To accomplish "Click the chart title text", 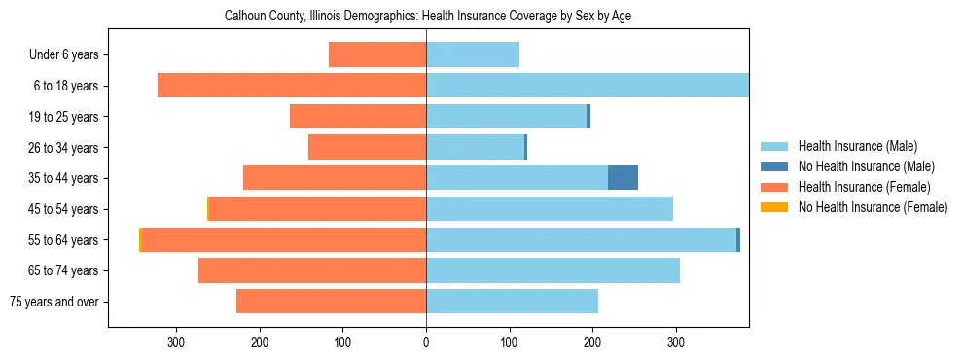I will pyautogui.click(x=428, y=17).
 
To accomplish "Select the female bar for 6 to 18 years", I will pyautogui.click(x=292, y=86).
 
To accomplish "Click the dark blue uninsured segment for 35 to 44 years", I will pyautogui.click(x=623, y=178).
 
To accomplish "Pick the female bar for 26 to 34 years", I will pyautogui.click(x=367, y=147).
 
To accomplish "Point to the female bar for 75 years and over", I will pyautogui.click(x=331, y=302).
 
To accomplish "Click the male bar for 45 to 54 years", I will pyautogui.click(x=550, y=209).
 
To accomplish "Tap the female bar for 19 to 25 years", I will pyautogui.click(x=358, y=117).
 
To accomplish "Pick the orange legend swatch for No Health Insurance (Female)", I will pyautogui.click(x=775, y=207).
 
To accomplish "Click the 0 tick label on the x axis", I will pyautogui.click(x=426, y=342).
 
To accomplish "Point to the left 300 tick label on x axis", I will pyautogui.click(x=176, y=342).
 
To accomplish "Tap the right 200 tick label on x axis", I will pyautogui.click(x=592, y=342).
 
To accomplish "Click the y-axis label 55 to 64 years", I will pyautogui.click(x=65, y=240).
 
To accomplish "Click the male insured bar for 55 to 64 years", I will pyautogui.click(x=581, y=239).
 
